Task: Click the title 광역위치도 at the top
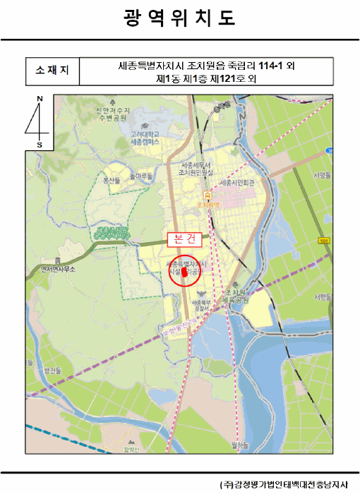179,18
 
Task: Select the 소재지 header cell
52,71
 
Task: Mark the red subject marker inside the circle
185,271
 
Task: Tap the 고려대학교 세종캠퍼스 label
145,138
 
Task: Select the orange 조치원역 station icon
206,195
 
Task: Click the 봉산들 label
113,180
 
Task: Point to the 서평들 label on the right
323,175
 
